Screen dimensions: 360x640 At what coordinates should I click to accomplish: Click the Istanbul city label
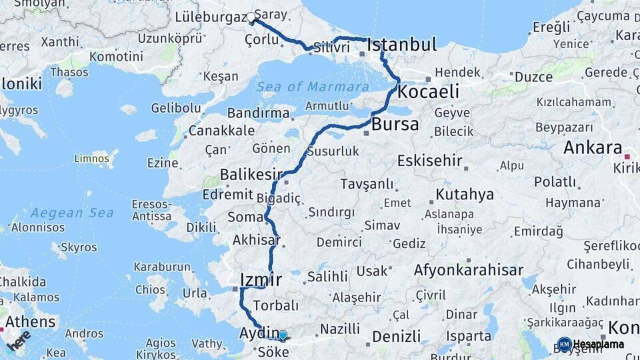point(402,45)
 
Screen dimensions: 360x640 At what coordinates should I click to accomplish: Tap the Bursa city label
point(395,124)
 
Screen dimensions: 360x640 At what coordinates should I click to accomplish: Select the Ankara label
point(593,148)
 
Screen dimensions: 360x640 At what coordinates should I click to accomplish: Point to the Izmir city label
point(261,279)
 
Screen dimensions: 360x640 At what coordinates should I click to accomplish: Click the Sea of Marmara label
point(313,87)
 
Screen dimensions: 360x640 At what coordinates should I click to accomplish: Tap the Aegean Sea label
point(67,213)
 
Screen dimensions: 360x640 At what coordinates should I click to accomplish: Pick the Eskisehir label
point(429,161)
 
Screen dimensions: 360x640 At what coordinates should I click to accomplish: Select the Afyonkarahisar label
point(468,271)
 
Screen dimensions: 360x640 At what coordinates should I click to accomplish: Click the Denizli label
point(396,337)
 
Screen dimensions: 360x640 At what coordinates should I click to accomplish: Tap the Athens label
point(31,322)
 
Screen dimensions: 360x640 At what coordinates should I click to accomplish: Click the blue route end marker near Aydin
point(282,335)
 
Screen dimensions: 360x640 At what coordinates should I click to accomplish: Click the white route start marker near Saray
point(252,19)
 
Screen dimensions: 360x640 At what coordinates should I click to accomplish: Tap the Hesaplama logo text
point(598,345)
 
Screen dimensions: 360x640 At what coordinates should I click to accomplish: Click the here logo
point(18,342)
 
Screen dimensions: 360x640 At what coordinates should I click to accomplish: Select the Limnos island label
point(91,158)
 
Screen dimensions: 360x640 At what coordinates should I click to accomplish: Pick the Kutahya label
point(465,195)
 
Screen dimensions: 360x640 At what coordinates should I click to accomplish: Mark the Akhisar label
point(256,240)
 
